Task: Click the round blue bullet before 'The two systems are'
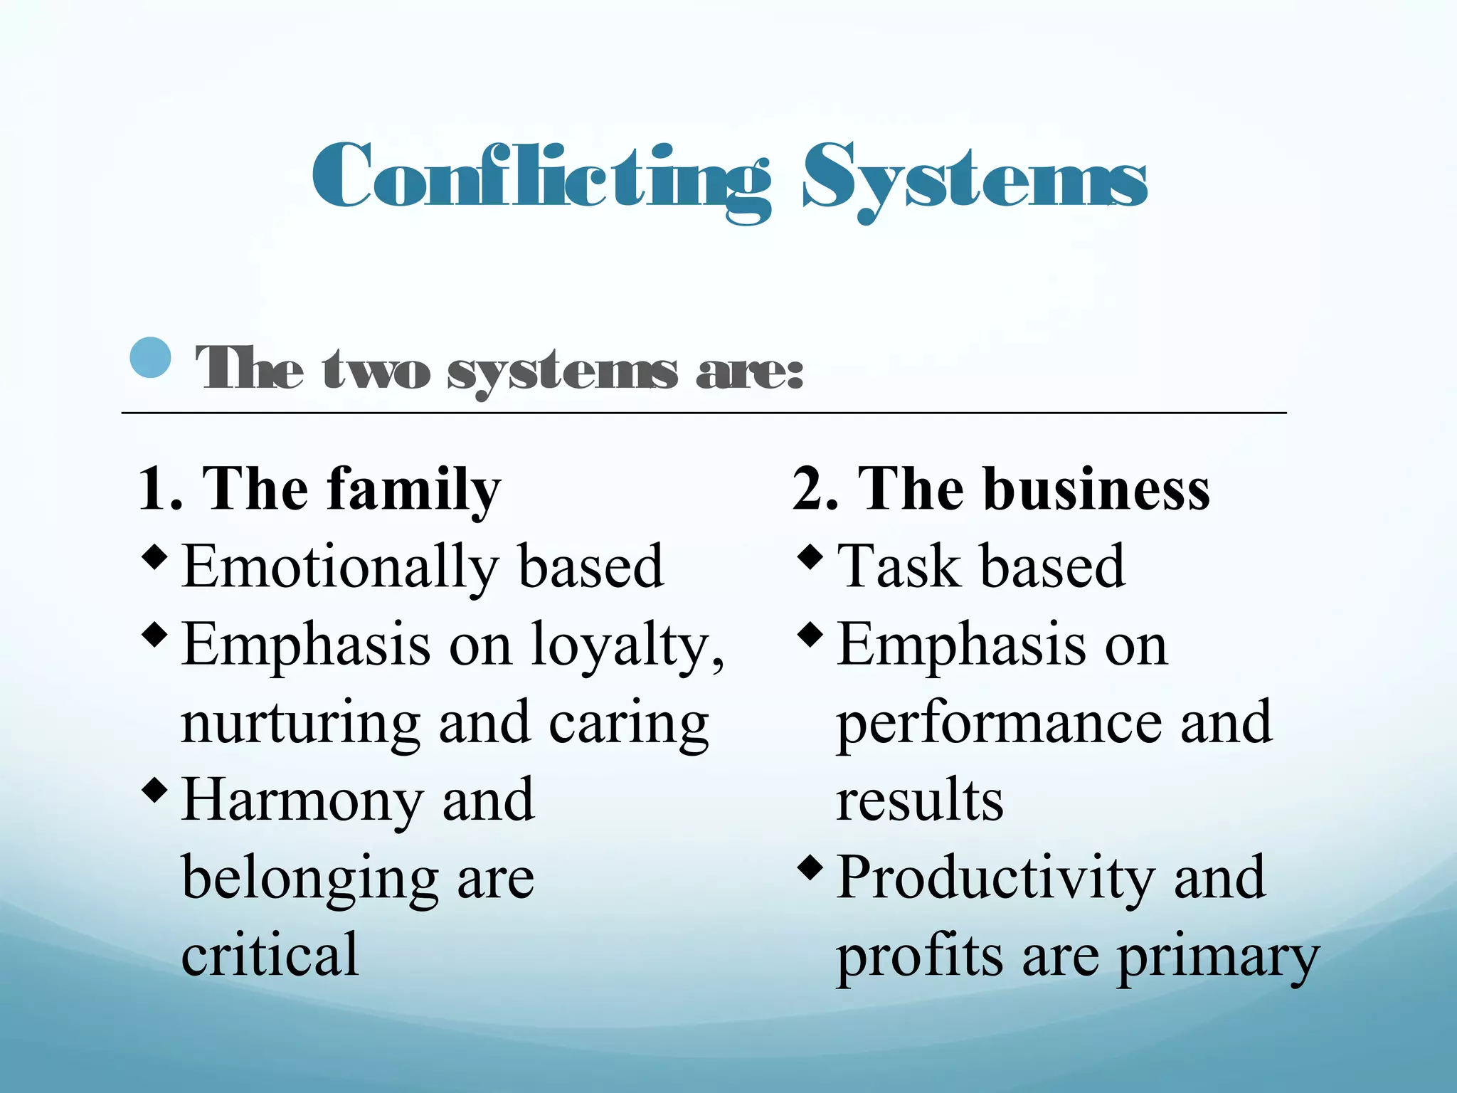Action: click(151, 357)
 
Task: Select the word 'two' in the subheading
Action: click(376, 370)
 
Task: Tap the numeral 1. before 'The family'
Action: click(161, 490)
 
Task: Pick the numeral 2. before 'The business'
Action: click(815, 490)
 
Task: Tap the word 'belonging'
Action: click(309, 880)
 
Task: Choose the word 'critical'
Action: click(270, 955)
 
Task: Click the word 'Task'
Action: click(898, 568)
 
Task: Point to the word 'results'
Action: click(919, 801)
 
